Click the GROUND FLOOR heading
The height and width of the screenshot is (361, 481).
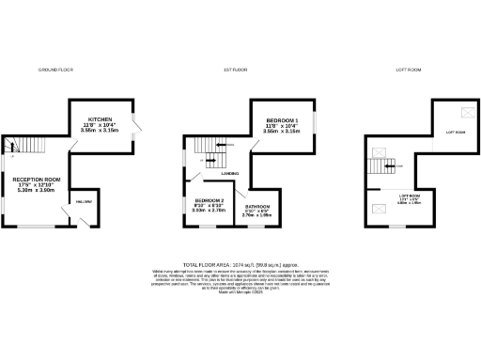(x=55, y=71)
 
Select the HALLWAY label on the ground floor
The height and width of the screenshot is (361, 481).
(x=82, y=201)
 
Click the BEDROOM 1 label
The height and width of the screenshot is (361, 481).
(x=283, y=122)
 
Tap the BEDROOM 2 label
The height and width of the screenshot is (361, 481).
(x=209, y=205)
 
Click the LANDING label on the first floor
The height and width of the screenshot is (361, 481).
(x=229, y=172)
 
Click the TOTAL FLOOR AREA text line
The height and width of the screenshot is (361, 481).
(x=240, y=267)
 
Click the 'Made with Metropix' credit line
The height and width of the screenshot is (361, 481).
(x=240, y=295)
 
